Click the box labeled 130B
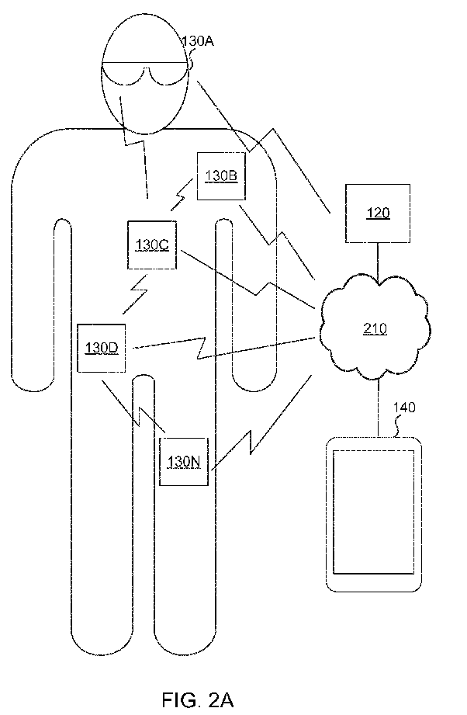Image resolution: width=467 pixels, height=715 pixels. click(x=221, y=176)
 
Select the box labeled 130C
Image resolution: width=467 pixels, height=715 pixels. click(x=152, y=245)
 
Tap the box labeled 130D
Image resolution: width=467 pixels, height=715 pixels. click(x=101, y=348)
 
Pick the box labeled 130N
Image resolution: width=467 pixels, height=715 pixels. click(x=184, y=461)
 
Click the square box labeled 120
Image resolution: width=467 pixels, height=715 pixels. click(x=378, y=213)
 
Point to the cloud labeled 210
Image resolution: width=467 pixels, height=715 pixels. click(x=375, y=328)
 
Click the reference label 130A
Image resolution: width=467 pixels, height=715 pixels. click(x=198, y=41)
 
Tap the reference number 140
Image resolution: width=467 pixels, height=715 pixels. click(x=404, y=407)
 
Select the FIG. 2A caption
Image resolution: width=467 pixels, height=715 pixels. click(x=198, y=700)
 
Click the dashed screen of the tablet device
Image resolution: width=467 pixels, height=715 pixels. click(x=374, y=512)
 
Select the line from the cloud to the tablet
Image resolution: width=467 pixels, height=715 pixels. click(x=378, y=408)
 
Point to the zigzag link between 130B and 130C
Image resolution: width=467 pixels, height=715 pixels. click(x=182, y=195)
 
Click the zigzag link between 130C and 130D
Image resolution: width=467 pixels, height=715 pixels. click(x=135, y=294)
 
